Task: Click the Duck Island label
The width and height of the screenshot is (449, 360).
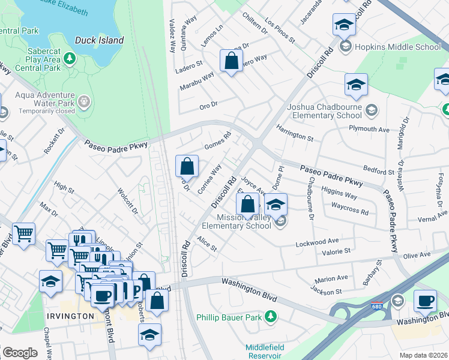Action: coord(99,41)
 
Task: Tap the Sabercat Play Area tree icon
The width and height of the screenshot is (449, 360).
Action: coord(70,58)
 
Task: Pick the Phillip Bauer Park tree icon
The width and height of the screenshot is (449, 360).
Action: coord(271,316)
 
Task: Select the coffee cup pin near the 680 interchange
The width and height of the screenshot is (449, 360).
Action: coord(426,301)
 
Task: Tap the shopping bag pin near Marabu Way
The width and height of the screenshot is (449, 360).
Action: coord(231,62)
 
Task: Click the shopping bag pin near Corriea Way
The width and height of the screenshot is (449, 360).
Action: coord(187,166)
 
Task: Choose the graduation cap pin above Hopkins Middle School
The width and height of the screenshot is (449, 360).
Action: coord(344,25)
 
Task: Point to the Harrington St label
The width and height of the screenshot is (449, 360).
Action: coord(295,133)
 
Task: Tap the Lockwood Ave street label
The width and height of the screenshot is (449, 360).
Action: coord(317,242)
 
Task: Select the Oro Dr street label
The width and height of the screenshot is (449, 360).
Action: coord(208,106)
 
